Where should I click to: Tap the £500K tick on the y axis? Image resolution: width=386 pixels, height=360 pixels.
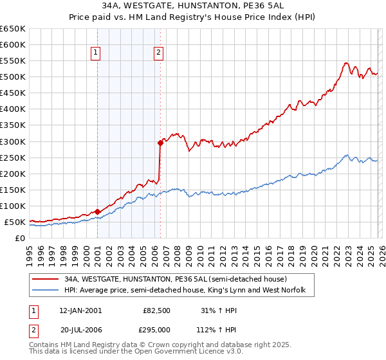click(x=12, y=77)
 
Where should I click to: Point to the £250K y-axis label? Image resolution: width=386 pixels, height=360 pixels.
click(x=12, y=157)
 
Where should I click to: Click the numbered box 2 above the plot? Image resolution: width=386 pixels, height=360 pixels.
click(x=158, y=53)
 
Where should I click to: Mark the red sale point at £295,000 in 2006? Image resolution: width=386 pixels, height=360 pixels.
click(x=160, y=143)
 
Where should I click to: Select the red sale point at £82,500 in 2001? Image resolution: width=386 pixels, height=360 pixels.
click(x=97, y=211)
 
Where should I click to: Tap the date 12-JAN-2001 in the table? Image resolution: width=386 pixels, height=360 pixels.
click(x=80, y=310)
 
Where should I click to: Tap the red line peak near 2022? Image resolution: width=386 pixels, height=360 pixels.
click(x=346, y=63)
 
